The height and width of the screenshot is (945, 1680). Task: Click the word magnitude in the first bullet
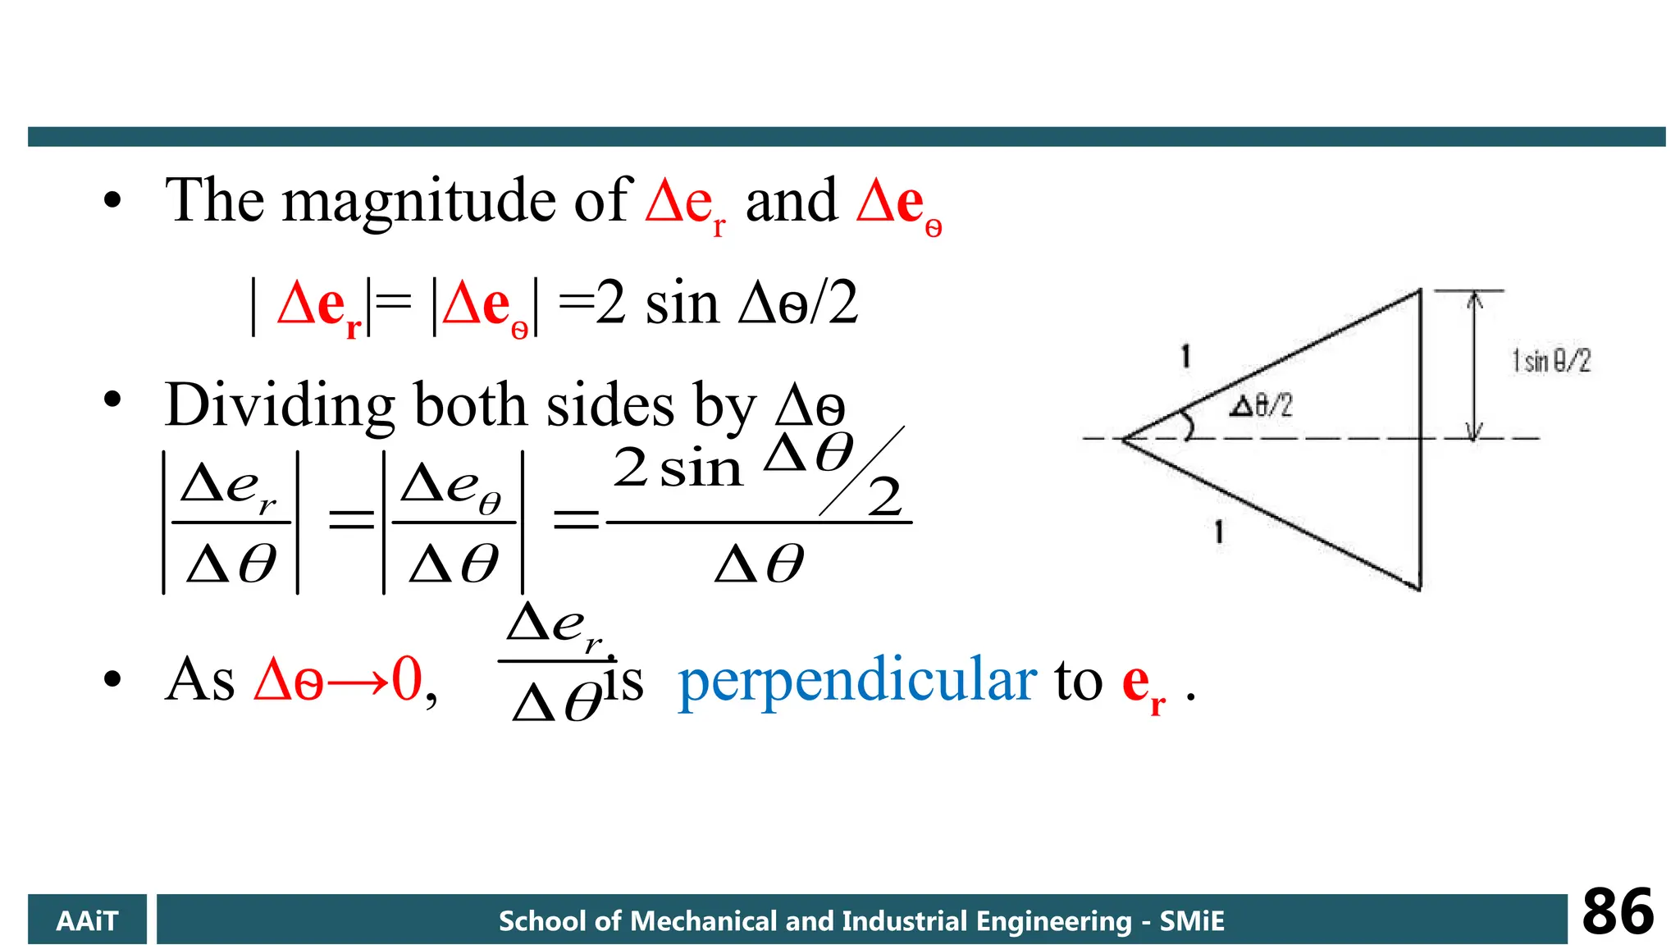tap(419, 202)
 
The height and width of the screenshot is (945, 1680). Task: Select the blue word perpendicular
tap(857, 681)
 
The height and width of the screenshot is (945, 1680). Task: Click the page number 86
tap(1618, 912)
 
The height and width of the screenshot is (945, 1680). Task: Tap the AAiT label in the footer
tap(87, 921)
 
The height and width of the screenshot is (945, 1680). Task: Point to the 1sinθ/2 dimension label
tap(1551, 361)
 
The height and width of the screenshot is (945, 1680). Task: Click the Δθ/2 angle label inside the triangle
tap(1260, 405)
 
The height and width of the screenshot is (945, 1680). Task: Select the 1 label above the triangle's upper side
tap(1185, 357)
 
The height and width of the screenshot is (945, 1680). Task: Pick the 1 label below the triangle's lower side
tap(1219, 532)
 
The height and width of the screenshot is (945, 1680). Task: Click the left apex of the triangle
tap(1124, 440)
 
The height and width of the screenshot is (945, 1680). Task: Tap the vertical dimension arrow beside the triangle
tap(1474, 365)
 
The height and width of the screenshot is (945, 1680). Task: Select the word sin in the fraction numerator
tap(701, 470)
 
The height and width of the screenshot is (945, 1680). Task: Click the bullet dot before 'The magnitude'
tap(112, 200)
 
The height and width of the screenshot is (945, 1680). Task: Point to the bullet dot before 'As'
tap(112, 679)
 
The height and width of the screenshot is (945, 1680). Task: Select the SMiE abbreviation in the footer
tap(1192, 921)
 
